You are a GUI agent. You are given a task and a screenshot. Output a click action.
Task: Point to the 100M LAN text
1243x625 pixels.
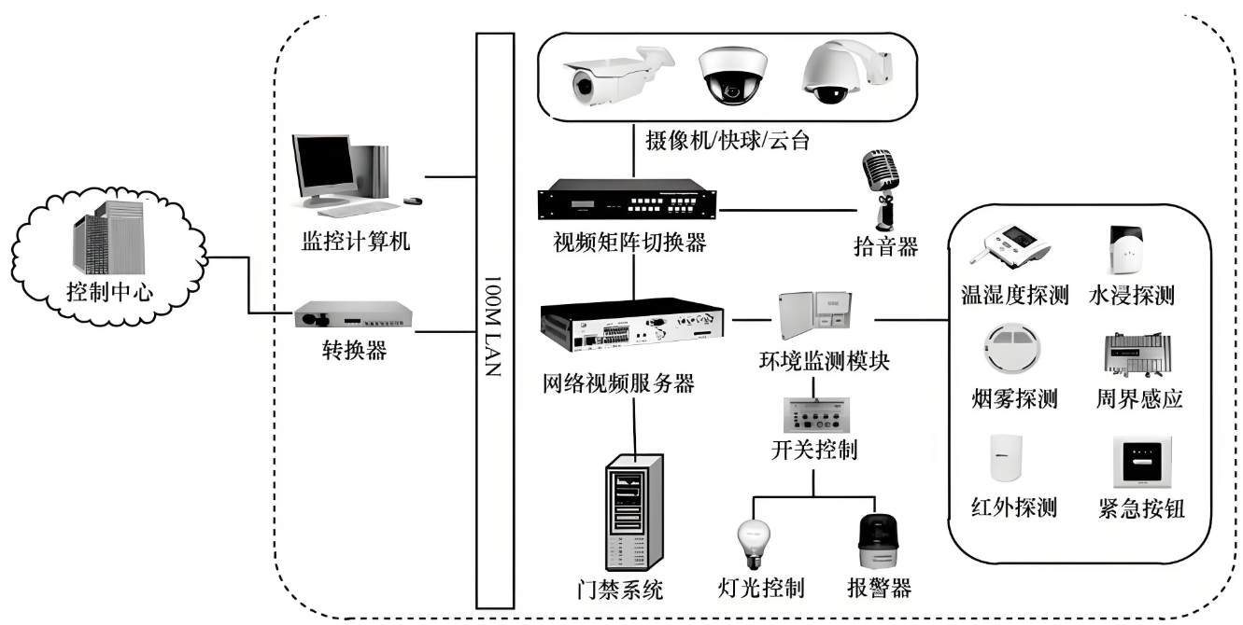coord(495,322)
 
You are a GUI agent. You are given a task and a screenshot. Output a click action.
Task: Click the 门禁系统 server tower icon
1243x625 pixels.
coord(634,513)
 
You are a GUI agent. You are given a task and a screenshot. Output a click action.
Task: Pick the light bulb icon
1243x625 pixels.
coord(755,541)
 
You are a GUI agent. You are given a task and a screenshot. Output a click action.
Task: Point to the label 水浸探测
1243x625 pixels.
coord(1131,298)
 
